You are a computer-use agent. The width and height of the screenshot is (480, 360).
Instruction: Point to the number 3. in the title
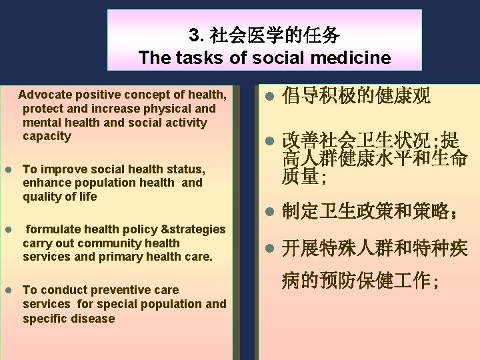(196, 35)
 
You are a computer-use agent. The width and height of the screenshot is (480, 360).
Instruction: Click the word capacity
(47, 136)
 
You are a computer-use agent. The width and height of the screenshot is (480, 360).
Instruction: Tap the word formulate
(51, 229)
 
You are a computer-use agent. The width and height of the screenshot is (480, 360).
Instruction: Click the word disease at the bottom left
(93, 319)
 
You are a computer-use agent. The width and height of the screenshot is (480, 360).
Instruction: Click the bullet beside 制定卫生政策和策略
(269, 212)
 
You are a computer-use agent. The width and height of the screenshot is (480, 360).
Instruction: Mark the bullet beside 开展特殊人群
(269, 249)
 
